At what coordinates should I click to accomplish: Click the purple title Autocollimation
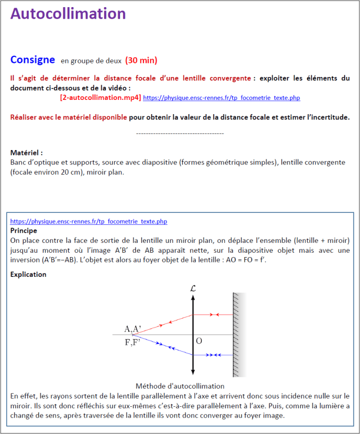click(x=68, y=14)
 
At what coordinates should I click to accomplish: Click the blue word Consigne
click(x=33, y=60)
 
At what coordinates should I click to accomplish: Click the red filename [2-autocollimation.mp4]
click(x=100, y=98)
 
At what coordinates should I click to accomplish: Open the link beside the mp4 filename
click(x=221, y=98)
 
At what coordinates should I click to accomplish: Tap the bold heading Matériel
click(x=26, y=153)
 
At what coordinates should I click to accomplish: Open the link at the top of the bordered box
click(x=88, y=222)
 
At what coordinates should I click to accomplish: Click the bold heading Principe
click(x=24, y=230)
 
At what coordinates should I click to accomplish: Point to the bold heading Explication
click(x=28, y=275)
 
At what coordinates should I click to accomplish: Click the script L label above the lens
click(x=193, y=287)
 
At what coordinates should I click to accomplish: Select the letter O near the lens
click(x=199, y=341)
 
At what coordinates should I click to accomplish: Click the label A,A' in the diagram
click(x=133, y=329)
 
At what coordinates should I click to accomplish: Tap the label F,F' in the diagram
click(x=132, y=342)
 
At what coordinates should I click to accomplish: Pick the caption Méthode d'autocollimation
click(x=179, y=386)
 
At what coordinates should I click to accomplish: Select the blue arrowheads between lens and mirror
click(x=215, y=355)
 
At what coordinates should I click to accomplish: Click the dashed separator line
click(x=179, y=133)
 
